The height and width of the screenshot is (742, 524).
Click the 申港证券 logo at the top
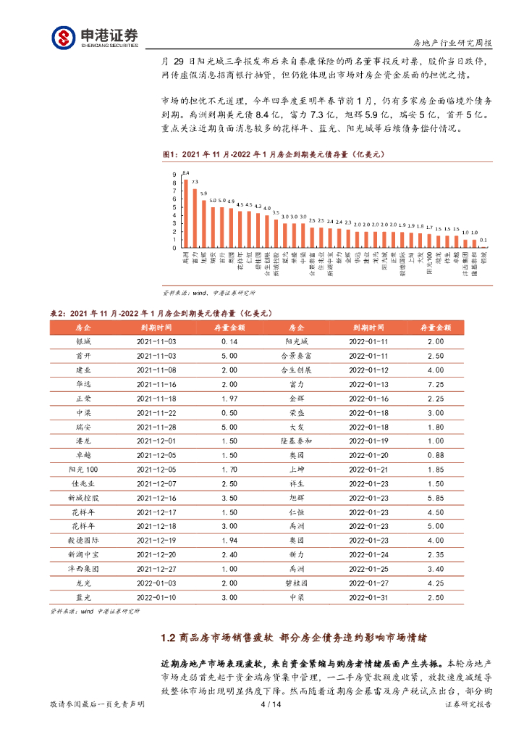94,37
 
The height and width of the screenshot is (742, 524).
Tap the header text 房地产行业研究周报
452,43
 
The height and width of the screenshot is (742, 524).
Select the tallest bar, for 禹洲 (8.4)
186,213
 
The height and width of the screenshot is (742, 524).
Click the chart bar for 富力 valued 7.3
195,218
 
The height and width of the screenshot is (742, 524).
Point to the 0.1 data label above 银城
483,240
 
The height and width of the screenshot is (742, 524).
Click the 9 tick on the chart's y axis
174,175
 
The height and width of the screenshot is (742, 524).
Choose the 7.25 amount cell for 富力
435,384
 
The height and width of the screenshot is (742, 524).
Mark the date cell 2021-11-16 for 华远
156,384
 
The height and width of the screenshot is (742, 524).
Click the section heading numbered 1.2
293,638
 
